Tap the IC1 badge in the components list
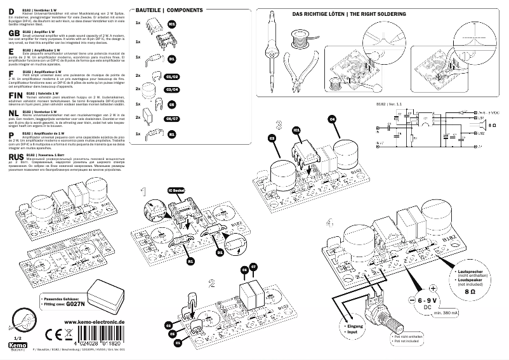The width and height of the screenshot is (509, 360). coord(172,23)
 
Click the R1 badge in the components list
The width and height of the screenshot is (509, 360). coord(172,135)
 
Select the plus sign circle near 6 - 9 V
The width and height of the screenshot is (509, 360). coord(433,288)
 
